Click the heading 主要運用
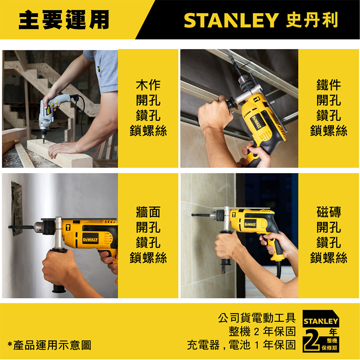(x=64, y=20)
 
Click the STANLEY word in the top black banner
(x=231, y=20)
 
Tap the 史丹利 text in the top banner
(x=312, y=20)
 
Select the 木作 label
(x=148, y=85)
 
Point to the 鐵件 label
(x=328, y=85)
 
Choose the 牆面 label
(x=148, y=211)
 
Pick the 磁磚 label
(x=328, y=211)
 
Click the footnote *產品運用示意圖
(x=49, y=345)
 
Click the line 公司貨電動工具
(x=256, y=318)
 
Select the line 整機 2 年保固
(x=262, y=331)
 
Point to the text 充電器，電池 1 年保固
(x=241, y=345)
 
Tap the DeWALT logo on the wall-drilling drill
(x=90, y=240)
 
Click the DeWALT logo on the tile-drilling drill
(x=250, y=224)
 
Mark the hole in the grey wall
(x=17, y=208)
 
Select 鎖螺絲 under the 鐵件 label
(x=328, y=131)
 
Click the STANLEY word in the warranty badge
(x=321, y=321)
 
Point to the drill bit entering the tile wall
(x=200, y=215)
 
